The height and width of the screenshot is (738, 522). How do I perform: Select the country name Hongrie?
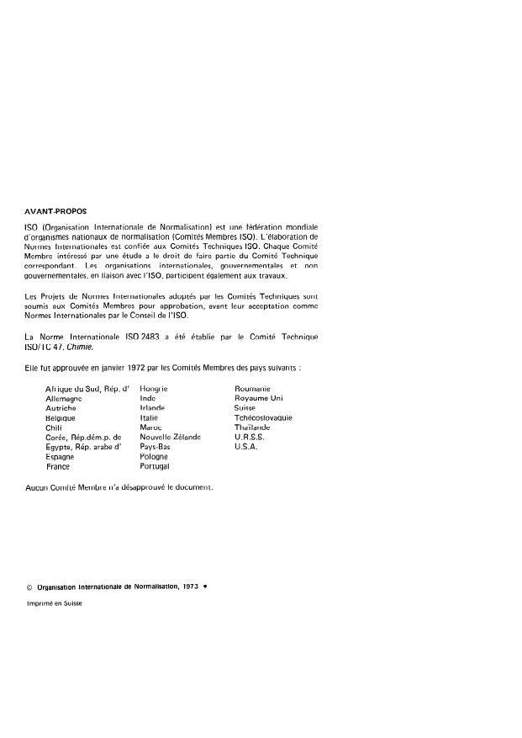(x=154, y=389)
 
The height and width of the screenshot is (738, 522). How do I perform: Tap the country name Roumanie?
(x=251, y=389)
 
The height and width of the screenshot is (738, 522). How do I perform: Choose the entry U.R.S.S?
(x=250, y=437)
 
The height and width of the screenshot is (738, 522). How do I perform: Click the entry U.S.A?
(x=246, y=447)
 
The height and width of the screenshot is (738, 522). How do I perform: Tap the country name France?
(x=58, y=466)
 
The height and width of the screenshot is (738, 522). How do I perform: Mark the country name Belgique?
(x=61, y=417)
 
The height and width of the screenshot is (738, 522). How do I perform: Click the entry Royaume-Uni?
(x=259, y=398)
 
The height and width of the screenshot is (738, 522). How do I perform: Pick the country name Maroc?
(x=150, y=427)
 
